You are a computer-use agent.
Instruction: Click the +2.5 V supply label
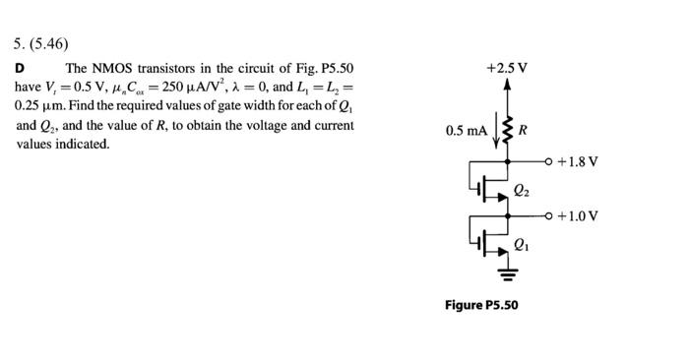[x=507, y=68]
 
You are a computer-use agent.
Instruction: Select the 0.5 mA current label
[x=466, y=131]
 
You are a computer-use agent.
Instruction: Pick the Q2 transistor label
[x=522, y=190]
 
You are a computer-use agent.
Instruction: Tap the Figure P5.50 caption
[x=481, y=305]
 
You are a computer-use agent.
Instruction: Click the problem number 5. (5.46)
[x=41, y=43]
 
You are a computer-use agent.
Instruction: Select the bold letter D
[x=20, y=68]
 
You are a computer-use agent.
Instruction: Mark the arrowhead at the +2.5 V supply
[x=508, y=86]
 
